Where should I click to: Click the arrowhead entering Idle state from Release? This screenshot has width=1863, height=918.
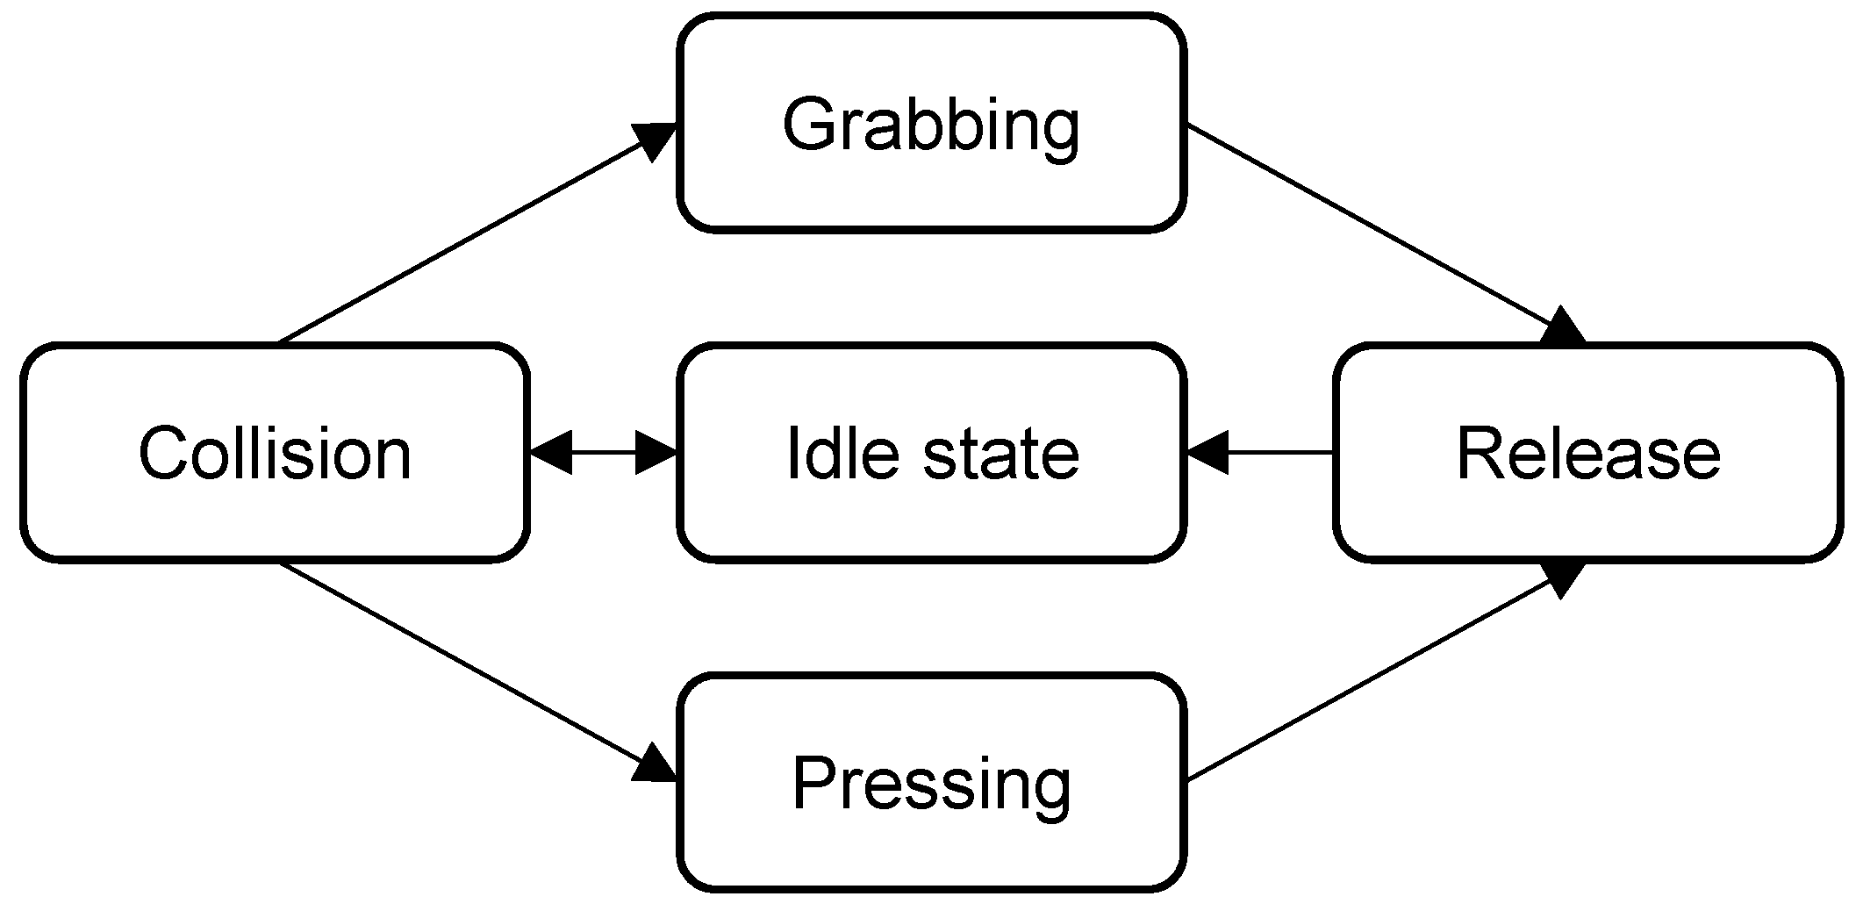pyautogui.click(x=1208, y=453)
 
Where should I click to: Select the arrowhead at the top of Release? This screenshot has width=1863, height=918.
pyautogui.click(x=1562, y=328)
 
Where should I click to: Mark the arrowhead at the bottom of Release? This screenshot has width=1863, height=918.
pyautogui.click(x=1562, y=577)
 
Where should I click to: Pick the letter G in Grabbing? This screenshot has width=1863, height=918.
pyautogui.click(x=809, y=125)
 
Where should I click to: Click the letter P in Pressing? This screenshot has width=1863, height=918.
pyautogui.click(x=814, y=783)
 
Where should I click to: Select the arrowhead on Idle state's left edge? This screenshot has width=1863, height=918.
pyautogui.click(x=656, y=453)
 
